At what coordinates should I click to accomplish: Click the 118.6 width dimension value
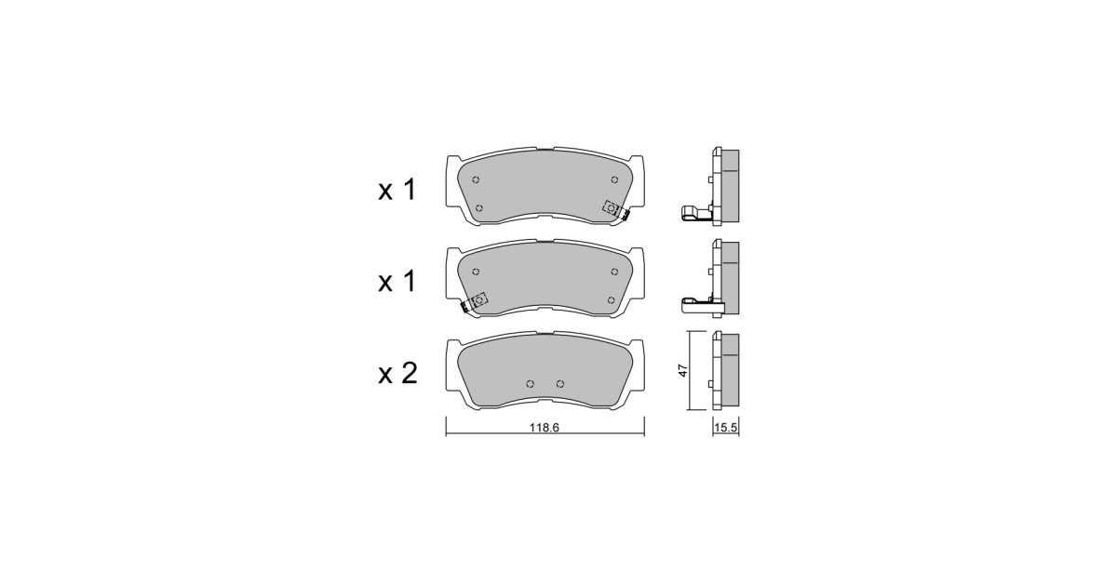coord(545,428)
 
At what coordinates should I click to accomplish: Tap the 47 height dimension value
coord(683,370)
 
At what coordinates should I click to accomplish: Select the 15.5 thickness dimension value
coord(725,428)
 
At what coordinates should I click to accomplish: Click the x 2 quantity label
coord(397,374)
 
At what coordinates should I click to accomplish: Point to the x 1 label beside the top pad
coord(397,190)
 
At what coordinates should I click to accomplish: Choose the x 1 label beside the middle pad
coord(397,282)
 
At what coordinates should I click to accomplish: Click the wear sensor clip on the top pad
coord(615,210)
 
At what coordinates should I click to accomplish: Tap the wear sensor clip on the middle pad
coord(474,302)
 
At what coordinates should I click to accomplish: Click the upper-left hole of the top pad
coord(476,179)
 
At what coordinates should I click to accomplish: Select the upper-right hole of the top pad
coord(614,179)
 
